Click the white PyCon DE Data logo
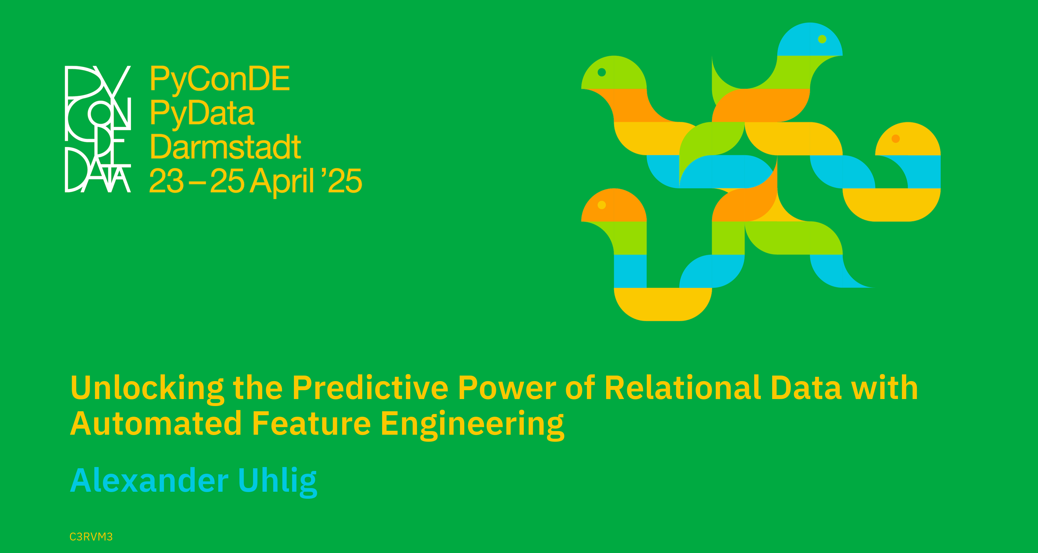(98, 129)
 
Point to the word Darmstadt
(225, 147)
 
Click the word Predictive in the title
(370, 387)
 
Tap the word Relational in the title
(683, 387)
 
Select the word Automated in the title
(156, 423)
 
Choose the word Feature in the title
(311, 423)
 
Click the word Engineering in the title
(472, 425)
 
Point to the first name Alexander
(150, 480)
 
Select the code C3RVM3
(91, 537)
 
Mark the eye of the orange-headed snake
(602, 205)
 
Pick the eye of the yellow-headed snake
(896, 139)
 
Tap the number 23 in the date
(166, 181)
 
